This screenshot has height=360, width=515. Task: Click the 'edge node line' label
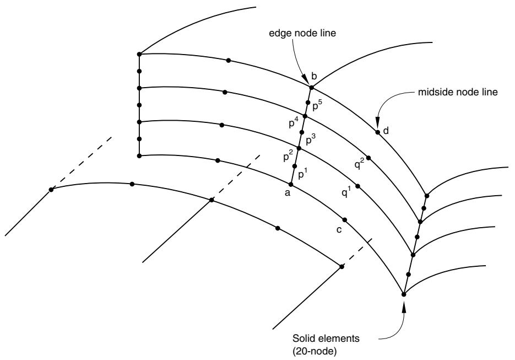pos(302,33)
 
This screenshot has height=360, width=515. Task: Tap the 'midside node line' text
pos(458,92)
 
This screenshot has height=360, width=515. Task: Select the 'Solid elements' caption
pos(326,338)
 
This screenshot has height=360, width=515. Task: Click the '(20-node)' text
pos(315,351)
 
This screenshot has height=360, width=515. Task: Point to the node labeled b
pos(312,88)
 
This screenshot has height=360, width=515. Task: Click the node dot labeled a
pos(291,184)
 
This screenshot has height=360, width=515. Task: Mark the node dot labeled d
pos(378,132)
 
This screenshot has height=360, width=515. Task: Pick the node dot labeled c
pos(345,219)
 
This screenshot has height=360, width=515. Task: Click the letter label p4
pos(294,123)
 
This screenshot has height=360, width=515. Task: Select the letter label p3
pos(311,140)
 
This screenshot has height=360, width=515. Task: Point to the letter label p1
pos(303,175)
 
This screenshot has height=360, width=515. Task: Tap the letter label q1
pos(346,192)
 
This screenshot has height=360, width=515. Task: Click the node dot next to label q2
pos(368,158)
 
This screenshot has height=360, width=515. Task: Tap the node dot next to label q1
pos(358,186)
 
